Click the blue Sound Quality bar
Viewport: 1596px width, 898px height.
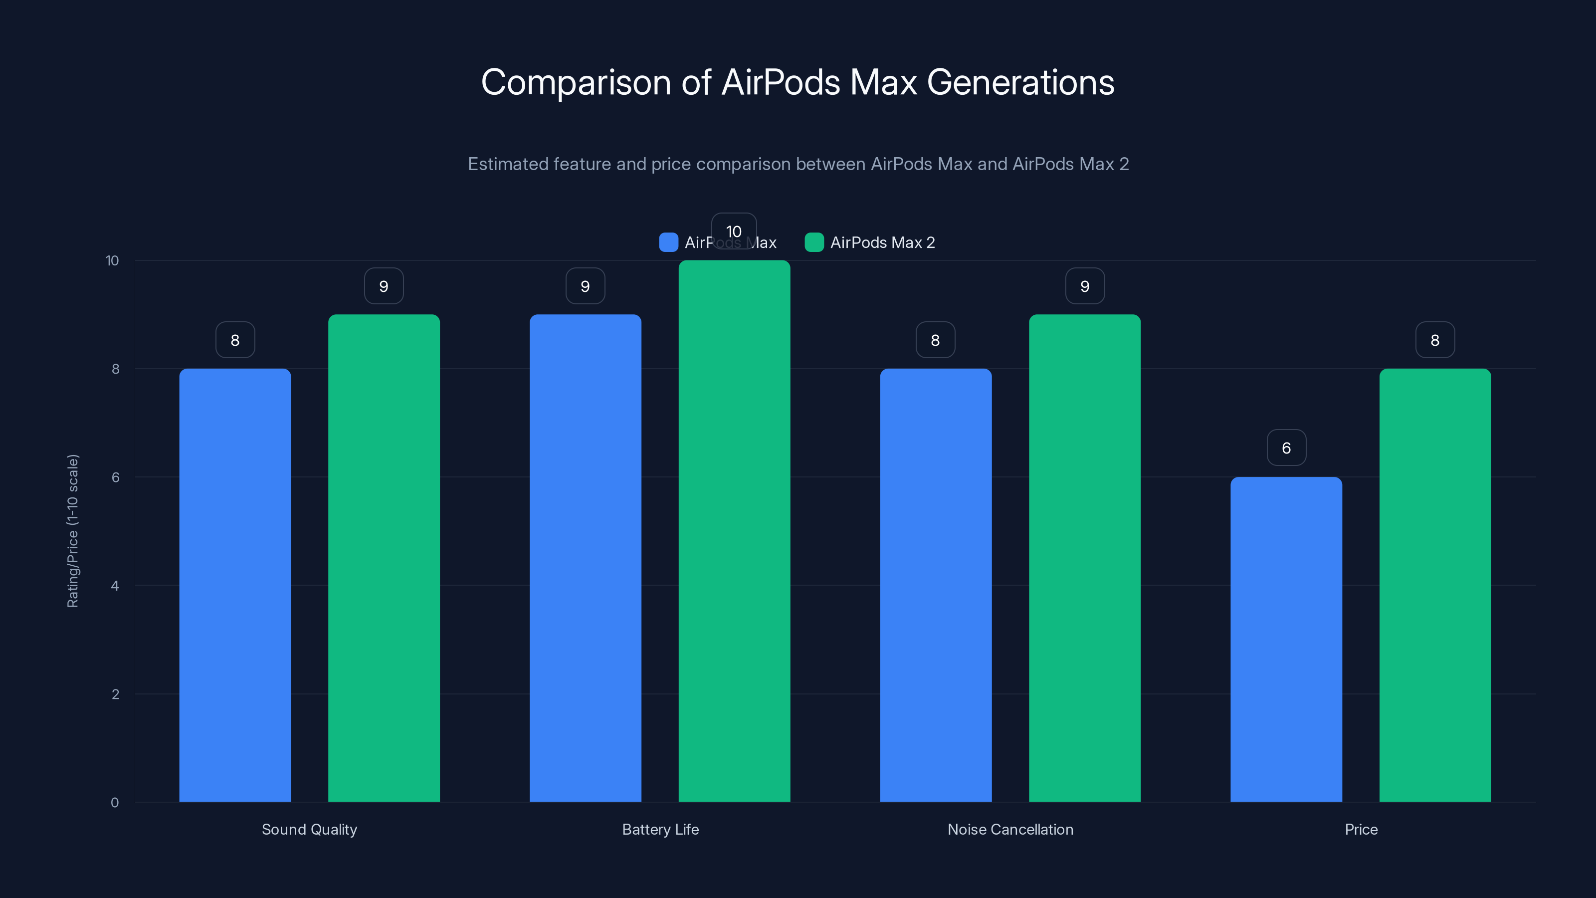(x=235, y=585)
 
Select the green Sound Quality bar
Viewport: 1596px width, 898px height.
(x=384, y=558)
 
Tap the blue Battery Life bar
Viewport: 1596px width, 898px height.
(x=585, y=558)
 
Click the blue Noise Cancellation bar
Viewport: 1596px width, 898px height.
(x=936, y=585)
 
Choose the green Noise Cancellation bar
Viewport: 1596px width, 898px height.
(x=1084, y=558)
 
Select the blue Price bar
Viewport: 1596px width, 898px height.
(x=1286, y=639)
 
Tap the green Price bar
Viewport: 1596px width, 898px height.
(x=1435, y=585)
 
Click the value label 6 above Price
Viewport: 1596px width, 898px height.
(x=1286, y=448)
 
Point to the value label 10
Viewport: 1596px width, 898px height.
(x=734, y=230)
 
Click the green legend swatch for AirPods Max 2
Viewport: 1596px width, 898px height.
(x=813, y=242)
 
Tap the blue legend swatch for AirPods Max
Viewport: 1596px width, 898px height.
(x=668, y=242)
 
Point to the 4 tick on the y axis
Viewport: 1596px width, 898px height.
(x=115, y=586)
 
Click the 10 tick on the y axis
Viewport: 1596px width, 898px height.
(x=112, y=260)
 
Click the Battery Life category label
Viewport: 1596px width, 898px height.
(x=660, y=829)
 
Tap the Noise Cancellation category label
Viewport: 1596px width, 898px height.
(x=1010, y=829)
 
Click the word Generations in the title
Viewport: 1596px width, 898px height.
(x=1020, y=82)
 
